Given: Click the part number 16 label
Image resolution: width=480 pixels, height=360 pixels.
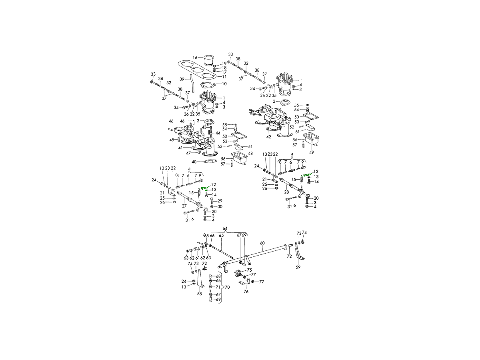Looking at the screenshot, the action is tap(195, 58).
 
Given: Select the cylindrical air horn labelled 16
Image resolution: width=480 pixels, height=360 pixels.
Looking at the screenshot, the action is tap(210, 60).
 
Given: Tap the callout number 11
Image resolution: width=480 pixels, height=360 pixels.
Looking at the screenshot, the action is tap(224, 77).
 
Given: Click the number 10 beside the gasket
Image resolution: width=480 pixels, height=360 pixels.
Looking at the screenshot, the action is tap(224, 84).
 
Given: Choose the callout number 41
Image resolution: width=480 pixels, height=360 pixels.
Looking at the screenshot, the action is tap(180, 148).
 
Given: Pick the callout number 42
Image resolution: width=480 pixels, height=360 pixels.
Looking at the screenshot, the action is tap(268, 137).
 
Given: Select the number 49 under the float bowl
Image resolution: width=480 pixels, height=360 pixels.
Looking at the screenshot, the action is tap(311, 152).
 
